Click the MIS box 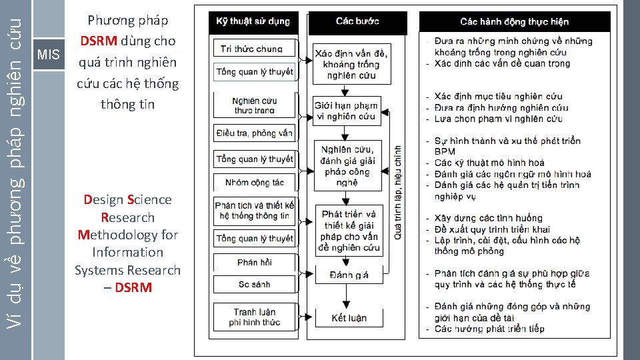[49, 54]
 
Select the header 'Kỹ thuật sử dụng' [253, 21]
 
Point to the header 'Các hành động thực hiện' [513, 22]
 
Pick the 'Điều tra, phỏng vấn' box [254, 133]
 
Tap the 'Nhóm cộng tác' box [254, 182]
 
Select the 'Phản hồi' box [254, 262]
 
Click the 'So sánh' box [254, 285]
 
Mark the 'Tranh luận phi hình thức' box [254, 317]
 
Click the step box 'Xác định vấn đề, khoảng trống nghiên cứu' [351, 64]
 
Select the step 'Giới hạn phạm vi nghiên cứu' [346, 111]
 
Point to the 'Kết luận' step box [349, 317]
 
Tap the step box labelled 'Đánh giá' [349, 275]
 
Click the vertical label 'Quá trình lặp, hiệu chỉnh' [398, 193]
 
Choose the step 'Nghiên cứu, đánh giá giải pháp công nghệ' [348, 166]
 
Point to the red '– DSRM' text [128, 288]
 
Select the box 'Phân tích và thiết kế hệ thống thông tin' [254, 211]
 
